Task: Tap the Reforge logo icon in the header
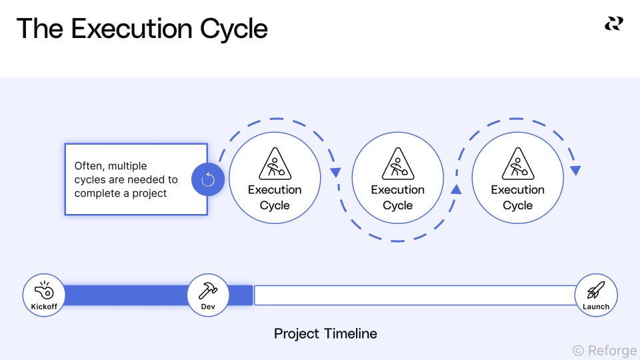[613, 24]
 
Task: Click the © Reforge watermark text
[604, 350]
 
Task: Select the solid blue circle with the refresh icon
[207, 179]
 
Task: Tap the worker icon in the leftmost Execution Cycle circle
[275, 164]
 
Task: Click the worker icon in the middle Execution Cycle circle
[397, 164]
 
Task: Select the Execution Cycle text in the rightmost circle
[517, 197]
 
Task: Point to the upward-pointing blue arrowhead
[456, 190]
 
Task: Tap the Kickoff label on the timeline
[44, 307]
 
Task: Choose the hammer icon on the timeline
[208, 290]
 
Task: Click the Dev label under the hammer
[208, 307]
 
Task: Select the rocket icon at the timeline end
[596, 290]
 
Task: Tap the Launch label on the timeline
[596, 307]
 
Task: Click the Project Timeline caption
[325, 333]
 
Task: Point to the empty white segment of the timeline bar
[413, 295]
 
